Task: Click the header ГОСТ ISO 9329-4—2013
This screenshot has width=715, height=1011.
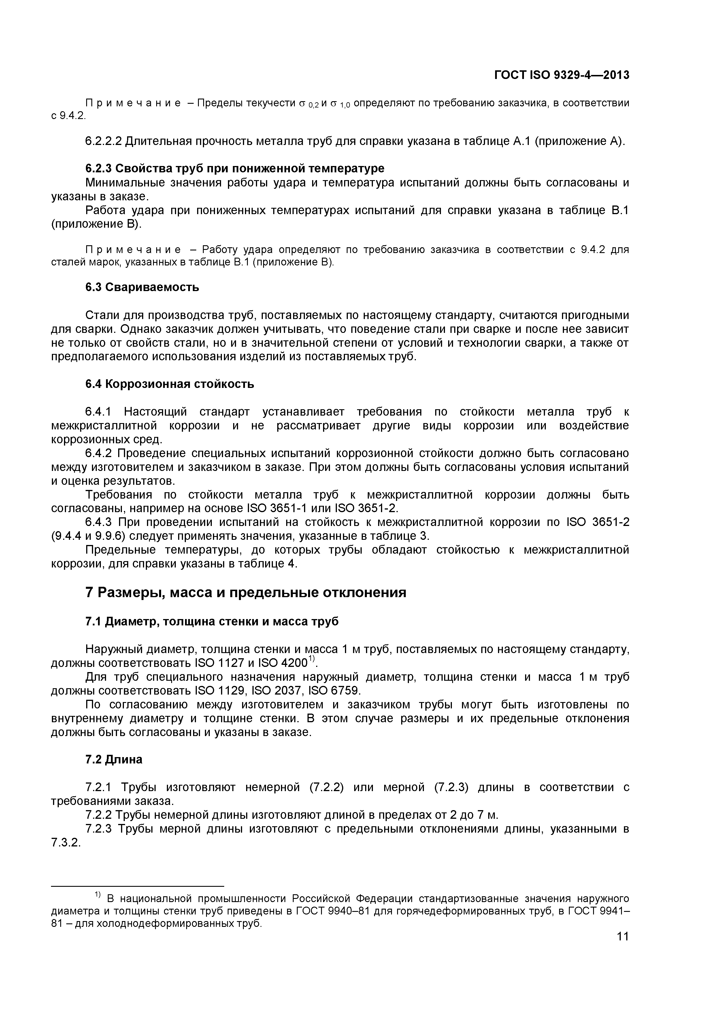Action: coord(561,75)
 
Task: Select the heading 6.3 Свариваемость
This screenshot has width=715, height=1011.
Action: coord(142,287)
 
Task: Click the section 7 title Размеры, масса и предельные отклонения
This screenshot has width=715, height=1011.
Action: coord(245,593)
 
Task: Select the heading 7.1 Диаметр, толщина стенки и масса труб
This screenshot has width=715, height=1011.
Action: coord(212,621)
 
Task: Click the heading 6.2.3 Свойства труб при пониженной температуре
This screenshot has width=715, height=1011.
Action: coord(235,168)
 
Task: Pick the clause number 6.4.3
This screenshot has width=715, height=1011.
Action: coord(99,522)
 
